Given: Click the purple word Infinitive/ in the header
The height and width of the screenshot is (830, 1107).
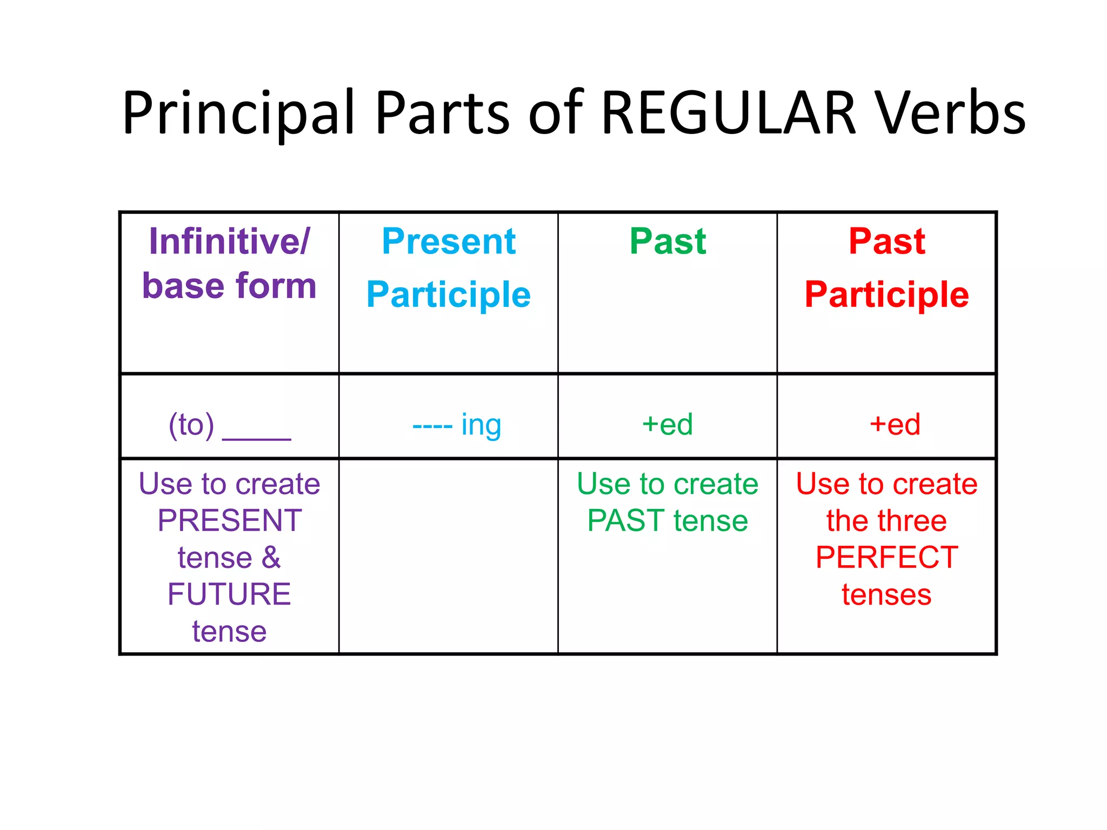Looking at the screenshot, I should click(230, 241).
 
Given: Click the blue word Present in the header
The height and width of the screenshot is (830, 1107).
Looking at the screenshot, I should click(449, 241).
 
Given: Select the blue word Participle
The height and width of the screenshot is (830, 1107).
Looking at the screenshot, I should click(449, 294).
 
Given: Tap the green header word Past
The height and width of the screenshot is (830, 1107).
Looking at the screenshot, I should click(668, 241).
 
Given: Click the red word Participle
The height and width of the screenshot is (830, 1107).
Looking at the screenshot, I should click(886, 294).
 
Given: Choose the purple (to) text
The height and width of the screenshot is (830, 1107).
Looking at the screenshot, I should click(191, 425).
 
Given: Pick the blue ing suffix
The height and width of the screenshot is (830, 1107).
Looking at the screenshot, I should click(481, 425).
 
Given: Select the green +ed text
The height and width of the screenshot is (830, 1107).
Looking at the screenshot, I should click(668, 424).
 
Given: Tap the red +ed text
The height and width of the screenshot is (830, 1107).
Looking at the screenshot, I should click(895, 424).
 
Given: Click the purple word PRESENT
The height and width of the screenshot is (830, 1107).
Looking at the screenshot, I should click(230, 520).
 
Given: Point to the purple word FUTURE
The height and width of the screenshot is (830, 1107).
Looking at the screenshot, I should click(229, 594).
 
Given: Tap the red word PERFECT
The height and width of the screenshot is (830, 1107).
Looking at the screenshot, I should click(886, 557).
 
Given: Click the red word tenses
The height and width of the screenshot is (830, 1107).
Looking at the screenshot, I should click(886, 594).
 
